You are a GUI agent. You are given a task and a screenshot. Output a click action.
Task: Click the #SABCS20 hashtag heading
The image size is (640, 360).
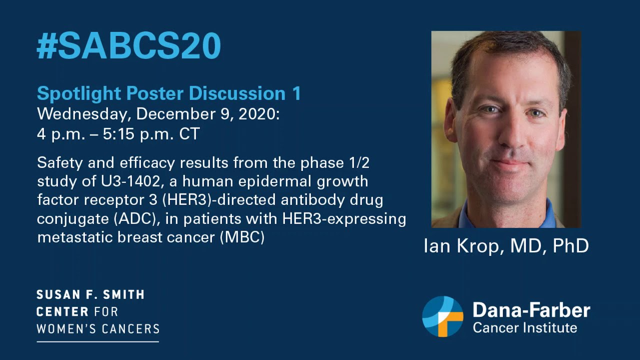click(x=128, y=47)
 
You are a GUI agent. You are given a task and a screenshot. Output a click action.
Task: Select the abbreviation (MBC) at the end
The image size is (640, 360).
click(x=241, y=237)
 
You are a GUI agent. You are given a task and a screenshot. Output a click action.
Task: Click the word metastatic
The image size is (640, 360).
click(x=75, y=237)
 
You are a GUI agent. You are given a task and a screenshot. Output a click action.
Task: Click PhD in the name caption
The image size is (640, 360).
click(x=570, y=245)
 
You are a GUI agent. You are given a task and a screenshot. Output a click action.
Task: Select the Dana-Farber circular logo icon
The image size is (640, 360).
click(x=442, y=316)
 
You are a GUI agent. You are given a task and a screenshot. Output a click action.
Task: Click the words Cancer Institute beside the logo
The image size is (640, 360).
click(x=524, y=328)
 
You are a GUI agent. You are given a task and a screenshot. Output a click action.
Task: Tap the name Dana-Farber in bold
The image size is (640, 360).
click(x=531, y=310)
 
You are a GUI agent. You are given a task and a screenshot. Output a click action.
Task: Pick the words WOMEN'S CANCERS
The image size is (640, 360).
click(x=98, y=328)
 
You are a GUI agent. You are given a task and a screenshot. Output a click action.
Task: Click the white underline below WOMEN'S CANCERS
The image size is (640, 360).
click(x=98, y=341)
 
